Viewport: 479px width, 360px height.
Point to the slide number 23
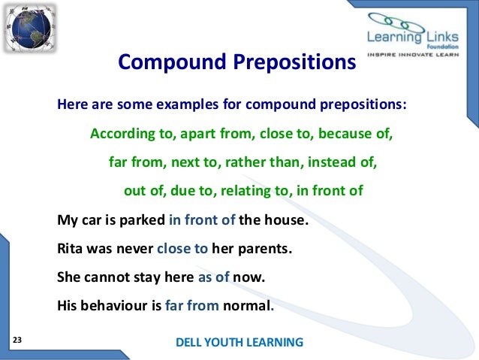coord(17,341)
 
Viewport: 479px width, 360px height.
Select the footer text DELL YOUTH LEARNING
coord(239,343)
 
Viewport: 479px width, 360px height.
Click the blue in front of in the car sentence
coord(202,221)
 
